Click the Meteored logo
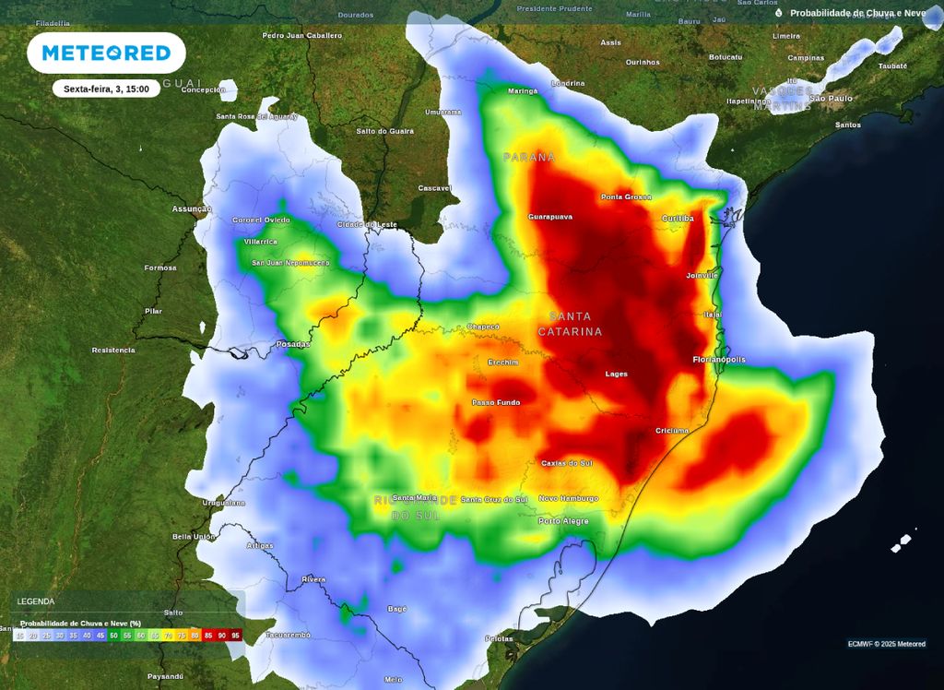tap(106, 53)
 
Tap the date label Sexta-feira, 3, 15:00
tap(106, 89)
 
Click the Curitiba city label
tap(678, 219)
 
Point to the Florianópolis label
tap(719, 360)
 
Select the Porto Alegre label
tap(563, 521)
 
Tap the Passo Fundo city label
tap(496, 402)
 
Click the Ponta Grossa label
tap(626, 197)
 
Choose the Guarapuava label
tap(550, 217)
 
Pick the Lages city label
tap(616, 374)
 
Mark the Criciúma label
tap(672, 431)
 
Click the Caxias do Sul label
tap(566, 463)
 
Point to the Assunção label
tap(192, 209)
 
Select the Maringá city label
tap(523, 91)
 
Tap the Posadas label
tap(293, 344)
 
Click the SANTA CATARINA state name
tap(570, 324)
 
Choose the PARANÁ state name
tap(529, 158)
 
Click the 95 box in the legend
tap(235, 635)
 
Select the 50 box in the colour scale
tap(113, 635)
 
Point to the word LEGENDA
tap(36, 601)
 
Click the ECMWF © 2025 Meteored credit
tap(886, 644)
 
